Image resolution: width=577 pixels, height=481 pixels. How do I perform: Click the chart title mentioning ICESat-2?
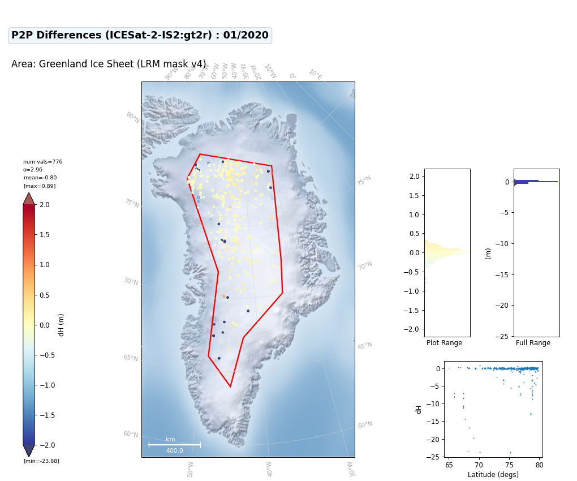[140, 35]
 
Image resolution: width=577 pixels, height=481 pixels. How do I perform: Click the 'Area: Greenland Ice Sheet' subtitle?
[109, 64]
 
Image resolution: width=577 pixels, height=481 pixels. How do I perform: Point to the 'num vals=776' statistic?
[42, 162]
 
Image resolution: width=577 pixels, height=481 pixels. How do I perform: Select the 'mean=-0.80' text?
[40, 178]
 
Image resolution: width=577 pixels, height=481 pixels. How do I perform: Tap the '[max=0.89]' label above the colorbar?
[40, 186]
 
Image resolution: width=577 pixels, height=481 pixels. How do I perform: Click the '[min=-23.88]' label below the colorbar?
[42, 461]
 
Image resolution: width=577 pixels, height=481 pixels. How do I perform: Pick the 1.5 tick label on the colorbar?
[45, 235]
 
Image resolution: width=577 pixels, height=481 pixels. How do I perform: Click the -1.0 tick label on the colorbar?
[47, 385]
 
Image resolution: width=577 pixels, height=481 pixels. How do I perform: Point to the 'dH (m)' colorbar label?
[61, 325]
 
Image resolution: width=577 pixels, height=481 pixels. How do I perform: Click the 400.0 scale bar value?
[174, 450]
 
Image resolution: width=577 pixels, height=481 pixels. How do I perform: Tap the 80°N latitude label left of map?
[133, 117]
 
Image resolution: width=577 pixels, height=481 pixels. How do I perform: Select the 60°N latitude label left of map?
[131, 434]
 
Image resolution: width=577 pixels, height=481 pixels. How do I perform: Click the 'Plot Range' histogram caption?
[444, 342]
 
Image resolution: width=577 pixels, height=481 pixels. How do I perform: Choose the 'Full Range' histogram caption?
[533, 342]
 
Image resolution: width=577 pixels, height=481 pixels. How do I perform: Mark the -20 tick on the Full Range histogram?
[502, 306]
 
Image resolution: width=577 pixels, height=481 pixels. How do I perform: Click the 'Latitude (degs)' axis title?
[493, 474]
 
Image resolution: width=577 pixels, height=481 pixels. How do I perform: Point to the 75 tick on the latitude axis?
[509, 465]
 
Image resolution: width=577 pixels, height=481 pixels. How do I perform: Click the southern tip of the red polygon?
[230, 387]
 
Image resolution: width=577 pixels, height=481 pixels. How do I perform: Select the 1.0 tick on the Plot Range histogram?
[414, 214]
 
